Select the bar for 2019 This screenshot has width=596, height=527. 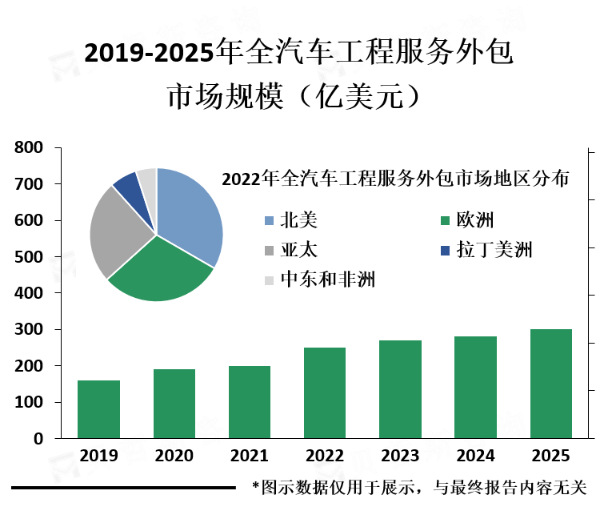98,409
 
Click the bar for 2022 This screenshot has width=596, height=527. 325,392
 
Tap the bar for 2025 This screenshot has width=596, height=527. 551,384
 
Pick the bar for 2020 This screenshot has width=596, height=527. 174,404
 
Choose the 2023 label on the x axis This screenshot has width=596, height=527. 400,456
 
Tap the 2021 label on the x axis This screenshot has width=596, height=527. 250,456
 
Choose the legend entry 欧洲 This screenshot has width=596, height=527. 473,220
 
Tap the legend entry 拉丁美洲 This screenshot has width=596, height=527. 494,250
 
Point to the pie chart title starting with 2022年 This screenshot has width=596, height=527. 395,179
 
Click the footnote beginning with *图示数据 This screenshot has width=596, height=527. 419,486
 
